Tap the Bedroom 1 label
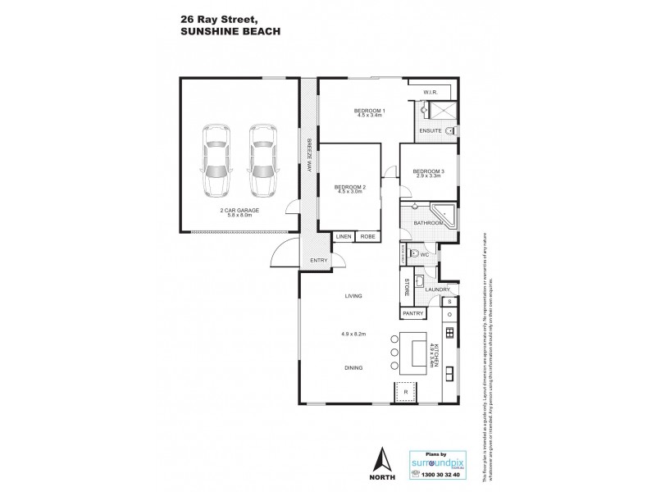pyautogui.click(x=370, y=111)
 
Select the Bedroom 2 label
pyautogui.click(x=349, y=188)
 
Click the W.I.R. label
pyautogui.click(x=431, y=91)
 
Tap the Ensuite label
pyautogui.click(x=430, y=130)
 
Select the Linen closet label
pyautogui.click(x=343, y=236)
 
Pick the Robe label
pyautogui.click(x=368, y=236)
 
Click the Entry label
pyautogui.click(x=319, y=261)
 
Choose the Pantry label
pyautogui.click(x=412, y=313)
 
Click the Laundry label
pyautogui.click(x=436, y=289)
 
